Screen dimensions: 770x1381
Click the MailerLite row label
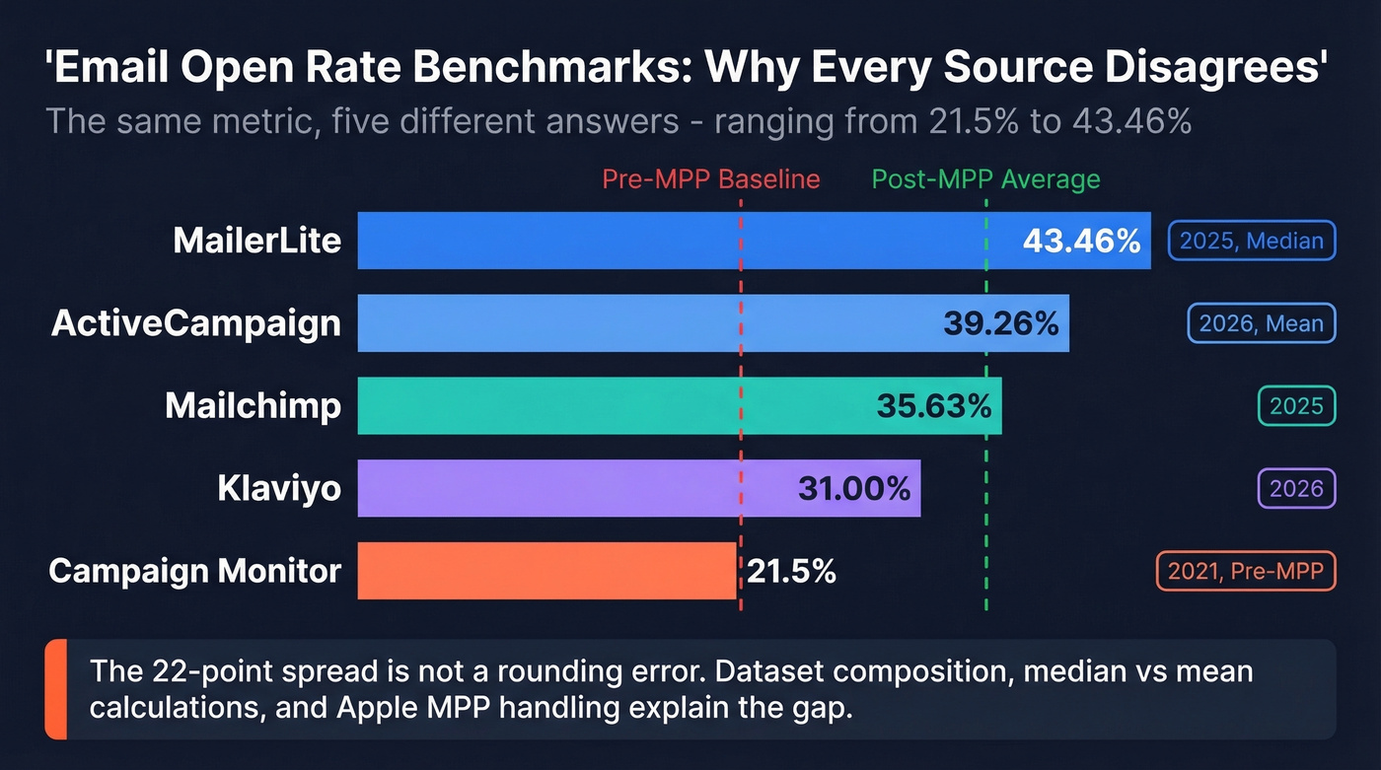pos(256,241)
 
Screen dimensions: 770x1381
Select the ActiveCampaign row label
pos(196,323)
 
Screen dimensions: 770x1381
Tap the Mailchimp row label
pos(253,405)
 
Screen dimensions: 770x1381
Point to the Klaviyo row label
pos(279,488)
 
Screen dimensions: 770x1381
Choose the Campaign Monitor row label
pos(195,570)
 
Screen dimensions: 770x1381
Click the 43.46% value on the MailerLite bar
pos(1081,241)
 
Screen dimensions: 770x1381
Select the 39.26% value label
pos(1000,323)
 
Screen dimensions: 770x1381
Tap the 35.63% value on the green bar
pos(933,405)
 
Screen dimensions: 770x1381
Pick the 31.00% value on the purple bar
pos(853,488)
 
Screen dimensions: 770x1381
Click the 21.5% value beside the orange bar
pos(791,570)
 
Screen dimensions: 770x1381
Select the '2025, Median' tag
pos(1251,242)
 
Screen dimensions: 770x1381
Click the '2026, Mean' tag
pos(1261,323)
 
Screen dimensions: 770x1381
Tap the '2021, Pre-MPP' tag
pos(1245,571)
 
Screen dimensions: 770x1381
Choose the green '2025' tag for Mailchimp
pos(1296,406)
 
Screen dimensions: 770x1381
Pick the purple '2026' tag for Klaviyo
pos(1296,488)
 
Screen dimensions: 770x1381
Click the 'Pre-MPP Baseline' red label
pos(710,179)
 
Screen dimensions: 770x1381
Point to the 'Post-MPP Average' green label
pos(985,179)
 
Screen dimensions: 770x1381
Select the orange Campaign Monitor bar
pos(546,570)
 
